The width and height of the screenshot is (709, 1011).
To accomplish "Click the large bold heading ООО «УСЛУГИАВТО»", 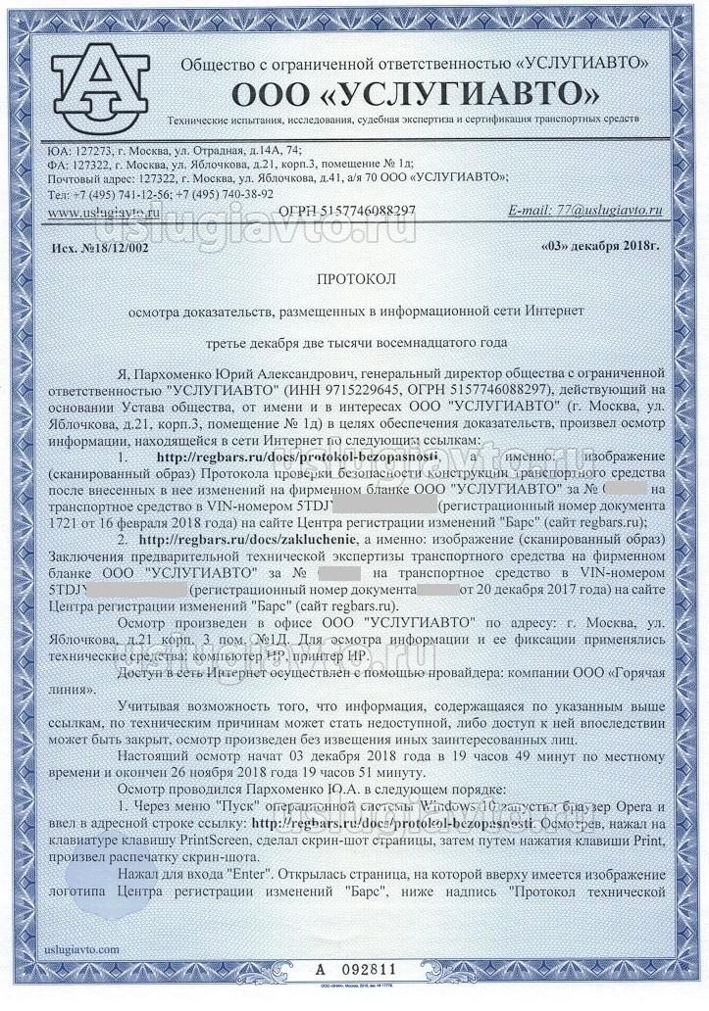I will tap(414, 95).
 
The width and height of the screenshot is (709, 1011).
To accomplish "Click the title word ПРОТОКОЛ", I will tap(354, 279).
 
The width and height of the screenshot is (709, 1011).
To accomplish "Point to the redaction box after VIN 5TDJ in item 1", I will tap(387, 505).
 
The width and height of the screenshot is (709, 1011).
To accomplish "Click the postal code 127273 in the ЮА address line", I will tap(94, 149).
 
